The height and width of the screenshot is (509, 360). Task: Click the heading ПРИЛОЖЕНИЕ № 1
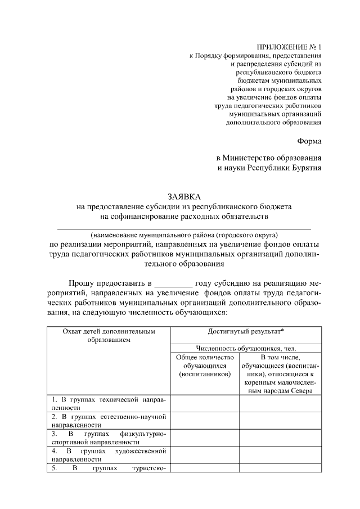point(289,47)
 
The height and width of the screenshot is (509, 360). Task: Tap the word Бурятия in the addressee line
point(304,167)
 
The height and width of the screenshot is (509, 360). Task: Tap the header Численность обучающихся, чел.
point(245,348)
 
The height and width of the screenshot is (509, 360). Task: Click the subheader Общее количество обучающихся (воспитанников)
point(204,366)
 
